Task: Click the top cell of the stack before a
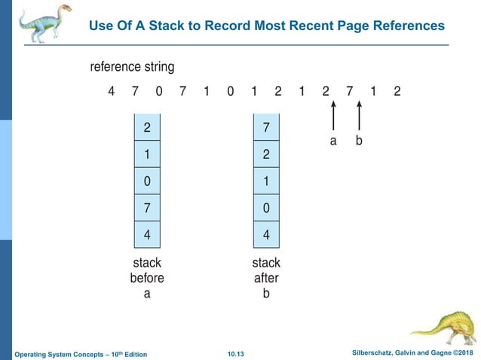click(x=146, y=127)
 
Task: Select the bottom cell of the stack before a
click(x=146, y=234)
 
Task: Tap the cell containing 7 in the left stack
click(x=146, y=208)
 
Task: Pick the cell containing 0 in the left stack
click(x=146, y=181)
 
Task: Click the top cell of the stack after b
click(x=266, y=127)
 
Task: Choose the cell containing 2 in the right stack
click(x=266, y=154)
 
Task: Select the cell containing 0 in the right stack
click(x=266, y=208)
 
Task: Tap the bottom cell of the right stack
click(x=266, y=234)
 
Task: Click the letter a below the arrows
click(x=332, y=140)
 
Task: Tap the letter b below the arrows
click(x=359, y=140)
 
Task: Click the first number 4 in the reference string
click(x=112, y=92)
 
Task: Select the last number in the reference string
click(x=397, y=92)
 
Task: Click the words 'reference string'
click(x=132, y=67)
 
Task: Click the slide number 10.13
click(x=237, y=354)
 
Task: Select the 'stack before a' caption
click(x=147, y=278)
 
